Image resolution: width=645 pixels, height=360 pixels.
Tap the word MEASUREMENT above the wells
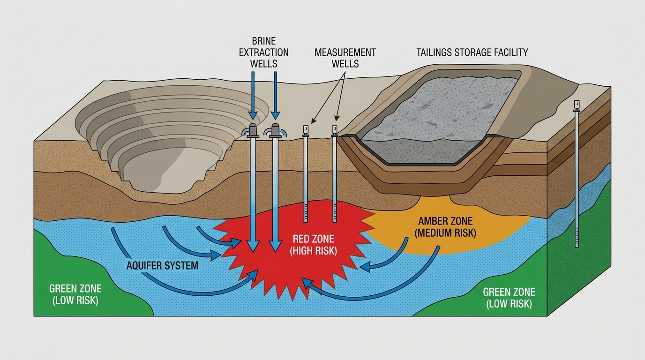coord(345,52)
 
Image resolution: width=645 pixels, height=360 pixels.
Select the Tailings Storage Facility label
coord(472,52)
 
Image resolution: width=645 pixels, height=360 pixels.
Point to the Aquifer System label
coord(162,266)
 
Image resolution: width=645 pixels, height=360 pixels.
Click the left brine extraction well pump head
coord(253,130)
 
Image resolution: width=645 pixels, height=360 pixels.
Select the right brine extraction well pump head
coord(276,130)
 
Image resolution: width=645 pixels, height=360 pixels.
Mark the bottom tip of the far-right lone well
coord(577,246)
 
